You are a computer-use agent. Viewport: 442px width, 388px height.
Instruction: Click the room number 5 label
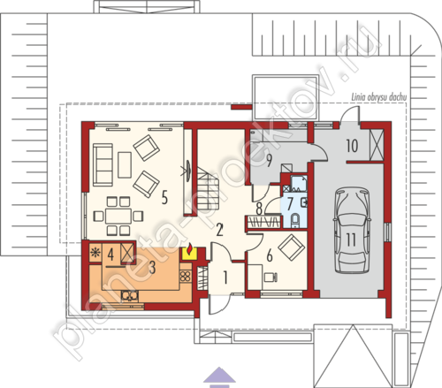[164, 197]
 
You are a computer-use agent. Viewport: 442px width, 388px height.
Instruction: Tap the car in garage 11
[352, 231]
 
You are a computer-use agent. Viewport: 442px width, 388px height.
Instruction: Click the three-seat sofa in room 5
[103, 165]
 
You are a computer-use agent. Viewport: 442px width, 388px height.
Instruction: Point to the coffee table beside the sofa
[125, 165]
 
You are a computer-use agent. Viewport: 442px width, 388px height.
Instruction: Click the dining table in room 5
[118, 217]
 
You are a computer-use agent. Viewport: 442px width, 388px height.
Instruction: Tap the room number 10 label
[352, 146]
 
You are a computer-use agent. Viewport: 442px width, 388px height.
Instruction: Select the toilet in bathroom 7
[294, 221]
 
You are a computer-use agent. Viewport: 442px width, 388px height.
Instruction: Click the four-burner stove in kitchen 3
[186, 277]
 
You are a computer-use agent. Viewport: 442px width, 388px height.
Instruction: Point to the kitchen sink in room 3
[129, 296]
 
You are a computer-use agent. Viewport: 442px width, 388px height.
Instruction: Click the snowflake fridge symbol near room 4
[95, 253]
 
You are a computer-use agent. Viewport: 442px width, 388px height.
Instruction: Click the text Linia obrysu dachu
[379, 97]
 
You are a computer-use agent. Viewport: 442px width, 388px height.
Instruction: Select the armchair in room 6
[292, 247]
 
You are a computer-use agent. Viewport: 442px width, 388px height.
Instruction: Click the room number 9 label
[269, 160]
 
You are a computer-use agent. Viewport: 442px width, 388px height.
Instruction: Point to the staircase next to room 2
[208, 187]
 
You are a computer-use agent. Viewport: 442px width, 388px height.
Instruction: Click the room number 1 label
[225, 278]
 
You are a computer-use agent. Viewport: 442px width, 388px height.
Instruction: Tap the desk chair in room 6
[271, 278]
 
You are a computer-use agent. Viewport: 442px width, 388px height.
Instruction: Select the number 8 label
[259, 209]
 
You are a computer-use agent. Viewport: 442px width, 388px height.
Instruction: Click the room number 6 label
[270, 255]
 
